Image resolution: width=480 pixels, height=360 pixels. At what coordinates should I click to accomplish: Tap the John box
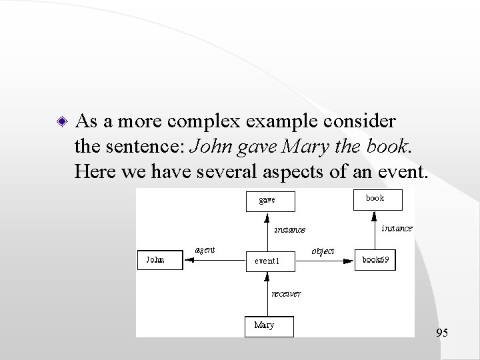[159, 260]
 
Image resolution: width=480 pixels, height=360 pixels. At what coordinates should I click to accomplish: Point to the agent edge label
[204, 250]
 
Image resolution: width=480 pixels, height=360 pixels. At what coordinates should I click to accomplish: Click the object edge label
[323, 251]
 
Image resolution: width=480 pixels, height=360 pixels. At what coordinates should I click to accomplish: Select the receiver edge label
[286, 293]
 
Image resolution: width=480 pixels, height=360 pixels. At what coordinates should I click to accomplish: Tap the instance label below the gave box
[290, 230]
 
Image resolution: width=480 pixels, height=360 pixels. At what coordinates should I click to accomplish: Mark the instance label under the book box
[396, 228]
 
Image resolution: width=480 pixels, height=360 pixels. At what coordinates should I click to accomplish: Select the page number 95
[441, 332]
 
